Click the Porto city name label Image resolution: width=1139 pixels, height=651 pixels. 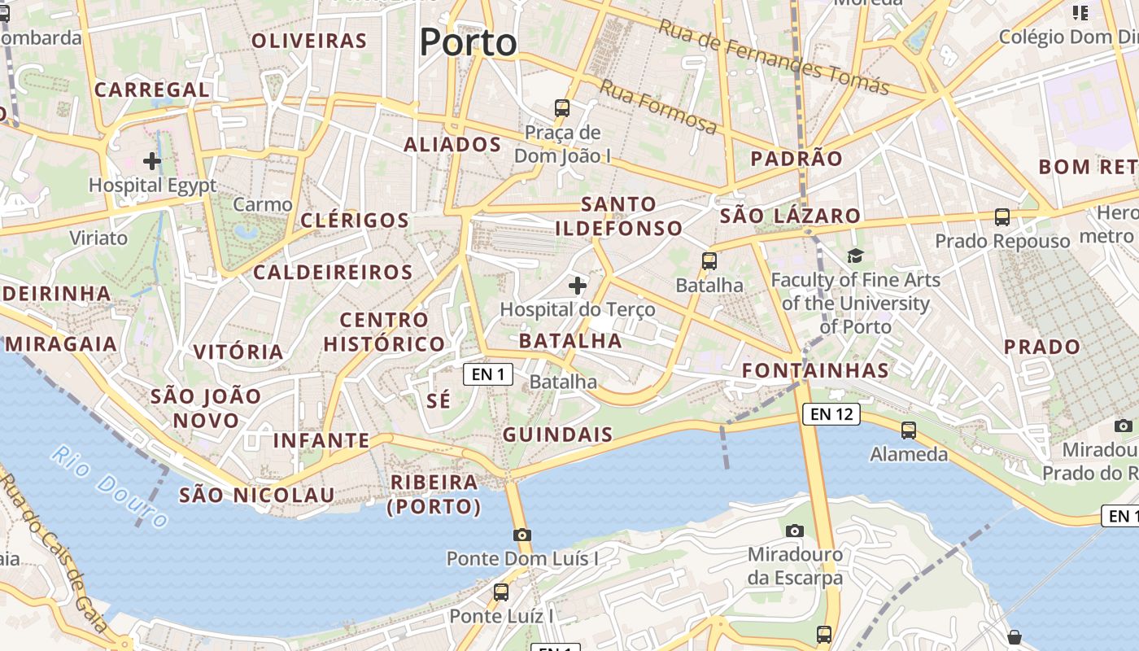(x=469, y=42)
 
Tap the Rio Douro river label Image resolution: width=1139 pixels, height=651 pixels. (x=110, y=486)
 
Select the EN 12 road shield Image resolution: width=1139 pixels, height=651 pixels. (x=831, y=413)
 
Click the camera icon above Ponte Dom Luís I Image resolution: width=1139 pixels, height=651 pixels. (x=522, y=535)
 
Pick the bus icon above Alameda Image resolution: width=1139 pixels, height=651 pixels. (x=909, y=430)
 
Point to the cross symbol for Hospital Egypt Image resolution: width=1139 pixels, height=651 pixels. (x=152, y=160)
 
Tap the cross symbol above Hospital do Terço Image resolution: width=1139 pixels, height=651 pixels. (x=578, y=286)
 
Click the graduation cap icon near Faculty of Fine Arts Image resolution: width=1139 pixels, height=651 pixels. (x=855, y=256)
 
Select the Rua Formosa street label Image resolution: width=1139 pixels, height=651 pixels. (x=659, y=107)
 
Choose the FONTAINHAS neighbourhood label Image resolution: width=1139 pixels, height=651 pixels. (x=815, y=370)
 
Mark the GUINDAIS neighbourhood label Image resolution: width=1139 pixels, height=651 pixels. (x=557, y=435)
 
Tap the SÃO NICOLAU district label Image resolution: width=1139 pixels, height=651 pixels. (x=256, y=495)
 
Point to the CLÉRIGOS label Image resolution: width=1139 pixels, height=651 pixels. (x=355, y=220)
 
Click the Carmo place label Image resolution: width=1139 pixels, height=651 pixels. (x=262, y=204)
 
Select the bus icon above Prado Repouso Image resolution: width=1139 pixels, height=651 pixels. (x=1002, y=217)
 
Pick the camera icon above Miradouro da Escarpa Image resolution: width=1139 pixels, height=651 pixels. (x=795, y=531)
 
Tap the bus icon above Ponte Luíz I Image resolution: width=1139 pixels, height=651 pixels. (x=501, y=592)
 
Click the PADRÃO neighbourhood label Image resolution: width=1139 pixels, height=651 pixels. (x=796, y=159)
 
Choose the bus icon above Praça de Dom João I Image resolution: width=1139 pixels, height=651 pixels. (x=562, y=107)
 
